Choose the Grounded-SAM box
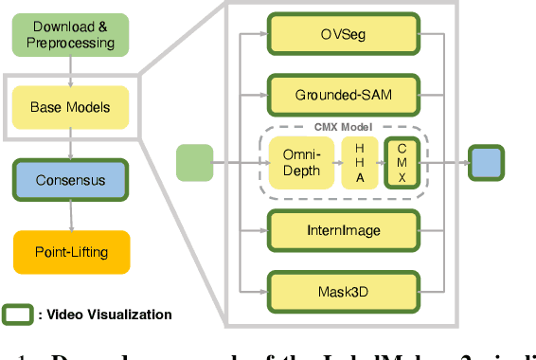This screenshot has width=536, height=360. point(342,94)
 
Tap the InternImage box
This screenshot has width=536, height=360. point(342,229)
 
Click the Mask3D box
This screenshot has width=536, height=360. point(342,290)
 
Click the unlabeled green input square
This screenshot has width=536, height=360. point(195,161)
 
